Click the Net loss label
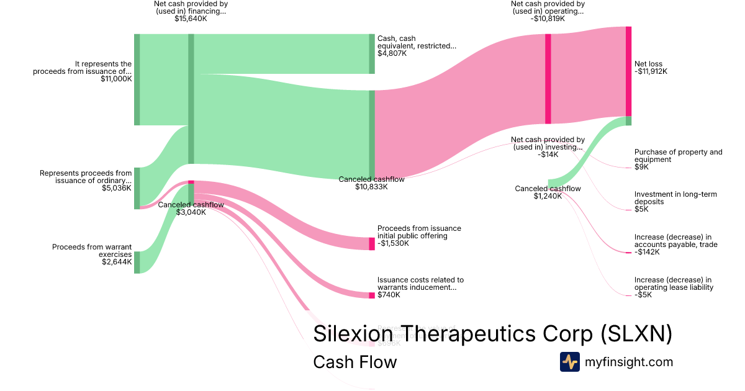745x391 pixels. click(x=649, y=64)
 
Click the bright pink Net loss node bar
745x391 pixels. click(x=628, y=71)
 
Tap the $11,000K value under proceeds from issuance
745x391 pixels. click(x=115, y=79)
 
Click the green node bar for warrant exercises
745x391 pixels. click(x=137, y=262)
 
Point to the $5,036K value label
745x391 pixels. click(x=117, y=188)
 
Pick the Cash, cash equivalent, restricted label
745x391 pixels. click(x=417, y=42)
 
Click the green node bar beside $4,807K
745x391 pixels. click(x=372, y=54)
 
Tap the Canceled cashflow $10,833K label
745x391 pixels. click(x=371, y=182)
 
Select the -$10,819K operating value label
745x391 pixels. click(x=548, y=19)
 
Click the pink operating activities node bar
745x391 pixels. click(x=548, y=79)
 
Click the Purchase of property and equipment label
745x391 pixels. click(x=678, y=156)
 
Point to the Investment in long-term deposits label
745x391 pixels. click(x=675, y=198)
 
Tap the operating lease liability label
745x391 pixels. click(x=673, y=283)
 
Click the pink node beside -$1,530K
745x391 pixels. click(x=372, y=243)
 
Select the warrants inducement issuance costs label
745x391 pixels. click(x=420, y=284)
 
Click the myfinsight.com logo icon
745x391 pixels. click(x=569, y=362)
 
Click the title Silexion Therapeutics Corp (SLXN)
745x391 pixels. click(x=492, y=333)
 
